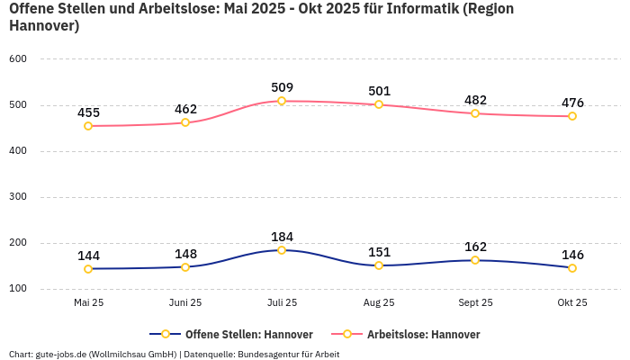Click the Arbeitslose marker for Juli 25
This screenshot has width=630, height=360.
click(282, 101)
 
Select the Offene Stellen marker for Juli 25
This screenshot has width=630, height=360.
click(282, 250)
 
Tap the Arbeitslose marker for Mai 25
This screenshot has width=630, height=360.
click(88, 126)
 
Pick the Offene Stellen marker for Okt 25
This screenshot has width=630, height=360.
click(572, 268)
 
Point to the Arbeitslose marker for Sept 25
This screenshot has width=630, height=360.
click(475, 113)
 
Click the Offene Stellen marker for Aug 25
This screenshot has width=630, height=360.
click(379, 265)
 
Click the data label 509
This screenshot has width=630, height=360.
click(282, 87)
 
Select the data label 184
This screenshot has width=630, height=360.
click(282, 237)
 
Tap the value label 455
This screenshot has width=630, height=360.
click(88, 112)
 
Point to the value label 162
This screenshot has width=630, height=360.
click(475, 247)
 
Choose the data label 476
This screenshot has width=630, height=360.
click(572, 103)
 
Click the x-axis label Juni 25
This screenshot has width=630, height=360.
click(185, 302)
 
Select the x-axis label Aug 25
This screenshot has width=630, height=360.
click(379, 302)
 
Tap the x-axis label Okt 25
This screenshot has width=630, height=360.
click(572, 302)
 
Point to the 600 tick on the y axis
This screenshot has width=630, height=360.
click(18, 58)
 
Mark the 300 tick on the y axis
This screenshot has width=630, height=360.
click(18, 196)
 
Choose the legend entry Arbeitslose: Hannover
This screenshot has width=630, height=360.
click(423, 334)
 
